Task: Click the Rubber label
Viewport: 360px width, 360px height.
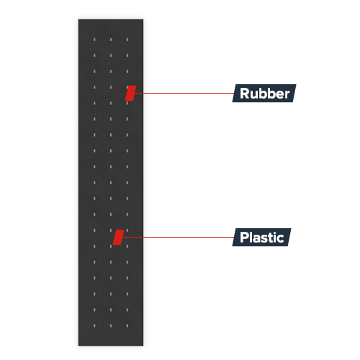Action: click(x=264, y=93)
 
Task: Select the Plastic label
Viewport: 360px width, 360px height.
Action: click(x=261, y=237)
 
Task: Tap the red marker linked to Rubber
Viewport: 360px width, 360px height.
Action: click(x=130, y=93)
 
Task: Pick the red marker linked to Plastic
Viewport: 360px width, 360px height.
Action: click(x=119, y=237)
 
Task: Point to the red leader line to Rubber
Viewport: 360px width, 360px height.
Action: click(x=184, y=93)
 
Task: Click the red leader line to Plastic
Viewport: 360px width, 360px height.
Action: click(x=178, y=237)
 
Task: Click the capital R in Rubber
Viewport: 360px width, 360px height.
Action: click(x=245, y=93)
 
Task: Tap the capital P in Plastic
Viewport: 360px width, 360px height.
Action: click(x=244, y=237)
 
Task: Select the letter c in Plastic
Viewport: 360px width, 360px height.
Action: click(x=280, y=239)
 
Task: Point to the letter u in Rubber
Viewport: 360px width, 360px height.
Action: click(x=255, y=95)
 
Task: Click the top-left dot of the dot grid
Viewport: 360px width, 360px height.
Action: click(x=94, y=40)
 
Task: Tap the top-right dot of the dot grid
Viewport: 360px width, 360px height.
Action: click(x=127, y=40)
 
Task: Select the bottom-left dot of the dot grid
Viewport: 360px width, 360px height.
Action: click(x=94, y=325)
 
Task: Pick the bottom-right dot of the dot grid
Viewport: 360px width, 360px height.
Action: click(x=127, y=325)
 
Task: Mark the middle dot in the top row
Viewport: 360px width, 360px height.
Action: click(x=111, y=40)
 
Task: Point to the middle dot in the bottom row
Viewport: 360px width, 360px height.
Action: click(x=111, y=325)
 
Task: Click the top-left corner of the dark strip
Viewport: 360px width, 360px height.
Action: click(x=78, y=19)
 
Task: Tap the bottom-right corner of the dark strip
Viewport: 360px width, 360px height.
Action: click(x=143, y=346)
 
